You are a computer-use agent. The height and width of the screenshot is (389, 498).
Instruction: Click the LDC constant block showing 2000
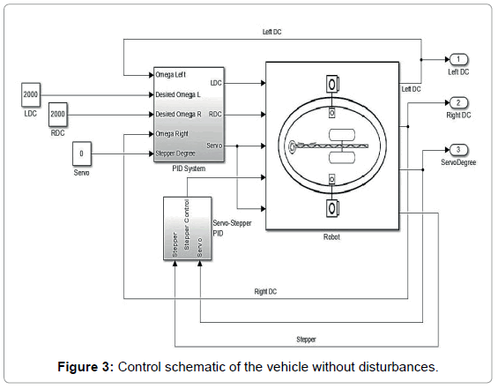[31, 94]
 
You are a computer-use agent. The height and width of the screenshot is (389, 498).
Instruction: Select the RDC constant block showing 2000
[58, 114]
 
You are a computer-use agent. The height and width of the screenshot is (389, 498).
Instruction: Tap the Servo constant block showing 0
[82, 153]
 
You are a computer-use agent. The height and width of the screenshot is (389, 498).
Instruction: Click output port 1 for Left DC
[458, 59]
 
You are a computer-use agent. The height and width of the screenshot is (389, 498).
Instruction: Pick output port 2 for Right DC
[458, 102]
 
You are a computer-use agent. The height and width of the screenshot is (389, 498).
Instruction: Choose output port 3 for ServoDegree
[458, 150]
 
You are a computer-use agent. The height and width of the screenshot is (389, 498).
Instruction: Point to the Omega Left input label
[170, 75]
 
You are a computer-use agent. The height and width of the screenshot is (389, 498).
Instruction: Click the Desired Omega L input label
[178, 94]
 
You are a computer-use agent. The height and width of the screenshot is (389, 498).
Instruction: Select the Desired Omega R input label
[178, 114]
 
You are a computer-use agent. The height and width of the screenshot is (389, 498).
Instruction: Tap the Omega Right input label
[172, 134]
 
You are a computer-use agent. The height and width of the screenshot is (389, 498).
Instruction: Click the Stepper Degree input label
[175, 153]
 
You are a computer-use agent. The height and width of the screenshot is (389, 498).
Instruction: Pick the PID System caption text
[189, 168]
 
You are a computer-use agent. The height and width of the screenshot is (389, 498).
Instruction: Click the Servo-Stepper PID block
[188, 228]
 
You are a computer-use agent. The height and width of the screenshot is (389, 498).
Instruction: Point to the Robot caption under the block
[331, 236]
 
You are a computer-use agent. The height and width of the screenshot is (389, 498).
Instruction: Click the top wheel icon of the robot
[332, 84]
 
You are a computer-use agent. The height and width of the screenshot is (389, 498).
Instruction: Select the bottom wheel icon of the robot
[332, 208]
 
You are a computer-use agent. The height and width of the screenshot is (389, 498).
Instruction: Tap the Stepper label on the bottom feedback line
[306, 340]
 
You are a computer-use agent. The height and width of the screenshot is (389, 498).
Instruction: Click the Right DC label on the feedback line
[265, 291]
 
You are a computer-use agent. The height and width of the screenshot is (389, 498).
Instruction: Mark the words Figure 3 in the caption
[85, 367]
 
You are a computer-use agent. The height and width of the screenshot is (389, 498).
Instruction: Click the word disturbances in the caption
[398, 367]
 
